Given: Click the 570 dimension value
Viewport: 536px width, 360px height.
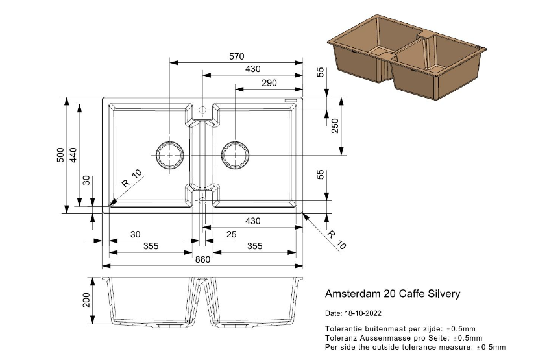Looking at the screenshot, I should click(x=237, y=56).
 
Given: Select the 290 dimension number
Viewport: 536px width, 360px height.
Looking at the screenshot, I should click(x=269, y=82).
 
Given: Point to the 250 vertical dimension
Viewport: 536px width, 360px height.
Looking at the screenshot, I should click(x=335, y=126).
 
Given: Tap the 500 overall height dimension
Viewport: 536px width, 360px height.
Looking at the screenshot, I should click(x=60, y=155).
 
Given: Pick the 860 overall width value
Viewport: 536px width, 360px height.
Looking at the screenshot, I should click(x=203, y=259).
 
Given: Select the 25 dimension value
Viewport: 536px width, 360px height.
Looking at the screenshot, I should click(x=232, y=234).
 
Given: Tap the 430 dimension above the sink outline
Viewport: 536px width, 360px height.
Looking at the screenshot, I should click(x=253, y=69).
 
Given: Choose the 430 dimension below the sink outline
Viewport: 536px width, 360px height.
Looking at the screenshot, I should click(x=253, y=221).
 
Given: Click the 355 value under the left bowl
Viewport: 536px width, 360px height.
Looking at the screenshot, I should click(x=151, y=246).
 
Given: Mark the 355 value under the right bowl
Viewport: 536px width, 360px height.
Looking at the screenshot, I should click(x=254, y=246).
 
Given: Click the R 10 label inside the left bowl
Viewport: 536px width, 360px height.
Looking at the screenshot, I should click(x=130, y=179).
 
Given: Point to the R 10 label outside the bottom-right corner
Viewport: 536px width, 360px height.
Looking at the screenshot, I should click(x=337, y=239).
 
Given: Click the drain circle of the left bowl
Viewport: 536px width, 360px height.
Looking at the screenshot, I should click(x=170, y=154).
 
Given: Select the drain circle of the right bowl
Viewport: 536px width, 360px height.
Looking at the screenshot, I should click(x=235, y=154).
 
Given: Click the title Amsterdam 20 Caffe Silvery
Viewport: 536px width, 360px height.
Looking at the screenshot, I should click(x=392, y=294).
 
